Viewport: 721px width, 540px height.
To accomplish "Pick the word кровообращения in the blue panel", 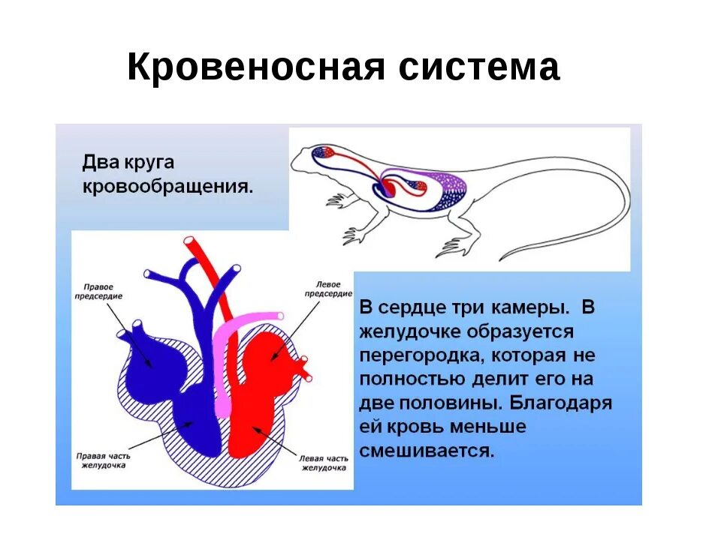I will [x=167, y=186].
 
